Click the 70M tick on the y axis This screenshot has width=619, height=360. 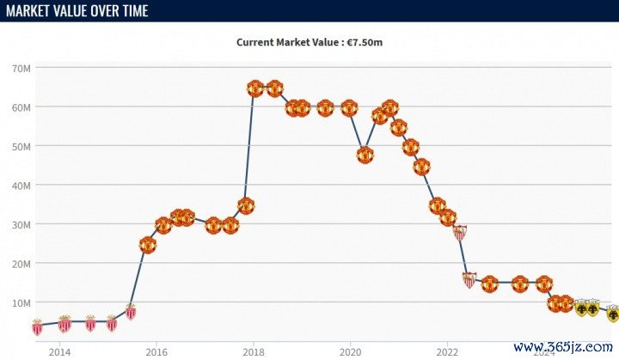pyautogui.click(x=22, y=68)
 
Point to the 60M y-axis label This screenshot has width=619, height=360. pyautogui.click(x=22, y=107)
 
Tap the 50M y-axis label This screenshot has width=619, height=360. pyautogui.click(x=22, y=146)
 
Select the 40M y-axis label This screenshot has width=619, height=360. pyautogui.click(x=22, y=186)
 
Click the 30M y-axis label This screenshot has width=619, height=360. pyautogui.click(x=22, y=224)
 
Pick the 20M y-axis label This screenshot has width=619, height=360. pyautogui.click(x=22, y=264)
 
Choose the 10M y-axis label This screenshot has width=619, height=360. pyautogui.click(x=22, y=302)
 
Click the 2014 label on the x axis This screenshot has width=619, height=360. pyautogui.click(x=59, y=351)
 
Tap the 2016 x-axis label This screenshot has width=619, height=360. pyautogui.click(x=156, y=351)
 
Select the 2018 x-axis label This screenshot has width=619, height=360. pyautogui.click(x=253, y=351)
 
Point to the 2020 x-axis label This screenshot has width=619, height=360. pyautogui.click(x=350, y=351)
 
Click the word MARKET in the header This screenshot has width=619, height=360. pyautogui.click(x=31, y=11)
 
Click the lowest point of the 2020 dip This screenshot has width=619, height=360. pyautogui.click(x=365, y=156)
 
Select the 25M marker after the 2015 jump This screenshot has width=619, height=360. pyautogui.click(x=148, y=245)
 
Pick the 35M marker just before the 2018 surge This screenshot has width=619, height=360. pyautogui.click(x=246, y=206)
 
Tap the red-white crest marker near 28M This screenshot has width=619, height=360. pyautogui.click(x=460, y=232)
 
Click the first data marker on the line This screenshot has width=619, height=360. pyautogui.click(x=37, y=326)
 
